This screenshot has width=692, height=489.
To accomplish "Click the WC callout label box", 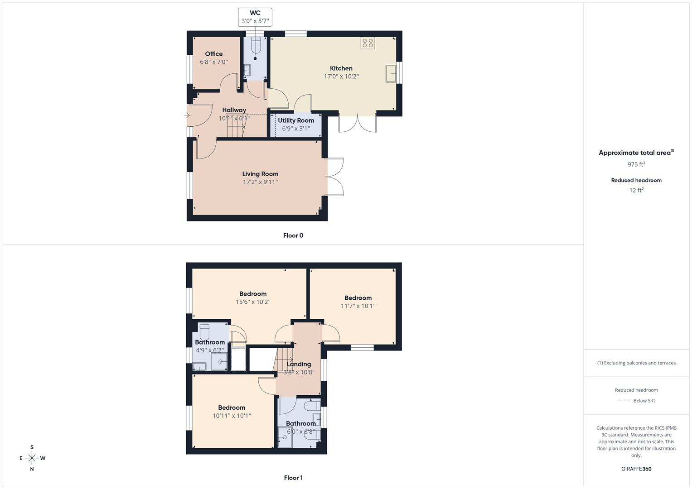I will [255, 17].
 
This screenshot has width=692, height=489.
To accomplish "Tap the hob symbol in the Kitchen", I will [368, 43].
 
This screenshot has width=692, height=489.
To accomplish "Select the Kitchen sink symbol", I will [391, 73].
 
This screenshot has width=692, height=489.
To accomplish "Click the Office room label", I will [214, 54].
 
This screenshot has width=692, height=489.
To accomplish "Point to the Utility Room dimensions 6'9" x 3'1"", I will [296, 129].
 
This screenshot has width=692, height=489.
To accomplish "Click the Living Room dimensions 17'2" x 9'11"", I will [260, 182].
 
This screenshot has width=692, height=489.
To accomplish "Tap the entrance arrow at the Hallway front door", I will [187, 115].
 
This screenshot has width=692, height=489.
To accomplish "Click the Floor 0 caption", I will [293, 235].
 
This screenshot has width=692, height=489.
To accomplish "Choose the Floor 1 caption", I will [293, 478].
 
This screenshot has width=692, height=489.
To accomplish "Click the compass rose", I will [32, 458].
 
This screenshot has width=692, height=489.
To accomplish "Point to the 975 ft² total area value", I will [636, 164].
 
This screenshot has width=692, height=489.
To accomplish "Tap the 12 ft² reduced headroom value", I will [636, 190].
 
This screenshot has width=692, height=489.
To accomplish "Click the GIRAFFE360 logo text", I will [636, 469].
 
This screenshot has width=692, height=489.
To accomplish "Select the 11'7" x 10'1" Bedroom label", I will [358, 302].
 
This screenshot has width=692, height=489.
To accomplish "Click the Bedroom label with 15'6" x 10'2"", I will [253, 298].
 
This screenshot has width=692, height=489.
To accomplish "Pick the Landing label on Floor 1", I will [299, 364].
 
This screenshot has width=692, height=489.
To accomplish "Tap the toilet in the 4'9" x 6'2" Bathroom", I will [204, 332].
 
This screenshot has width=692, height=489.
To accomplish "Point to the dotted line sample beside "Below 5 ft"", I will [624, 401].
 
